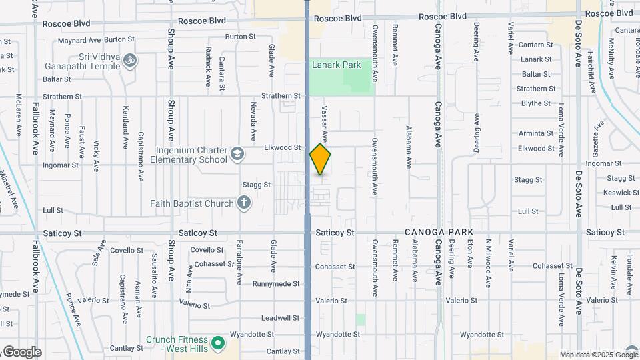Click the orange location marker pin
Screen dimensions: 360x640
click(x=321, y=159)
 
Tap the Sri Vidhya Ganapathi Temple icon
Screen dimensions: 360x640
click(x=131, y=61)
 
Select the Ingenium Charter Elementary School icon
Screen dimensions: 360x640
click(x=237, y=155)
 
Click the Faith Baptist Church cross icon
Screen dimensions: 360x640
click(x=244, y=203)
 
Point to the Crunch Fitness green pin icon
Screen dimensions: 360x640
click(x=217, y=344)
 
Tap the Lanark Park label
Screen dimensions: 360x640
click(x=336, y=65)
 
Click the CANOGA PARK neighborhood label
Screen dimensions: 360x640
click(x=439, y=232)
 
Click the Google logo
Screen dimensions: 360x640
click(x=21, y=352)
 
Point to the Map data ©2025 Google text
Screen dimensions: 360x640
click(x=598, y=355)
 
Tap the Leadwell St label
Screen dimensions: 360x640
click(x=277, y=318)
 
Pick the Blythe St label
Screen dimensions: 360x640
click(x=536, y=103)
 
